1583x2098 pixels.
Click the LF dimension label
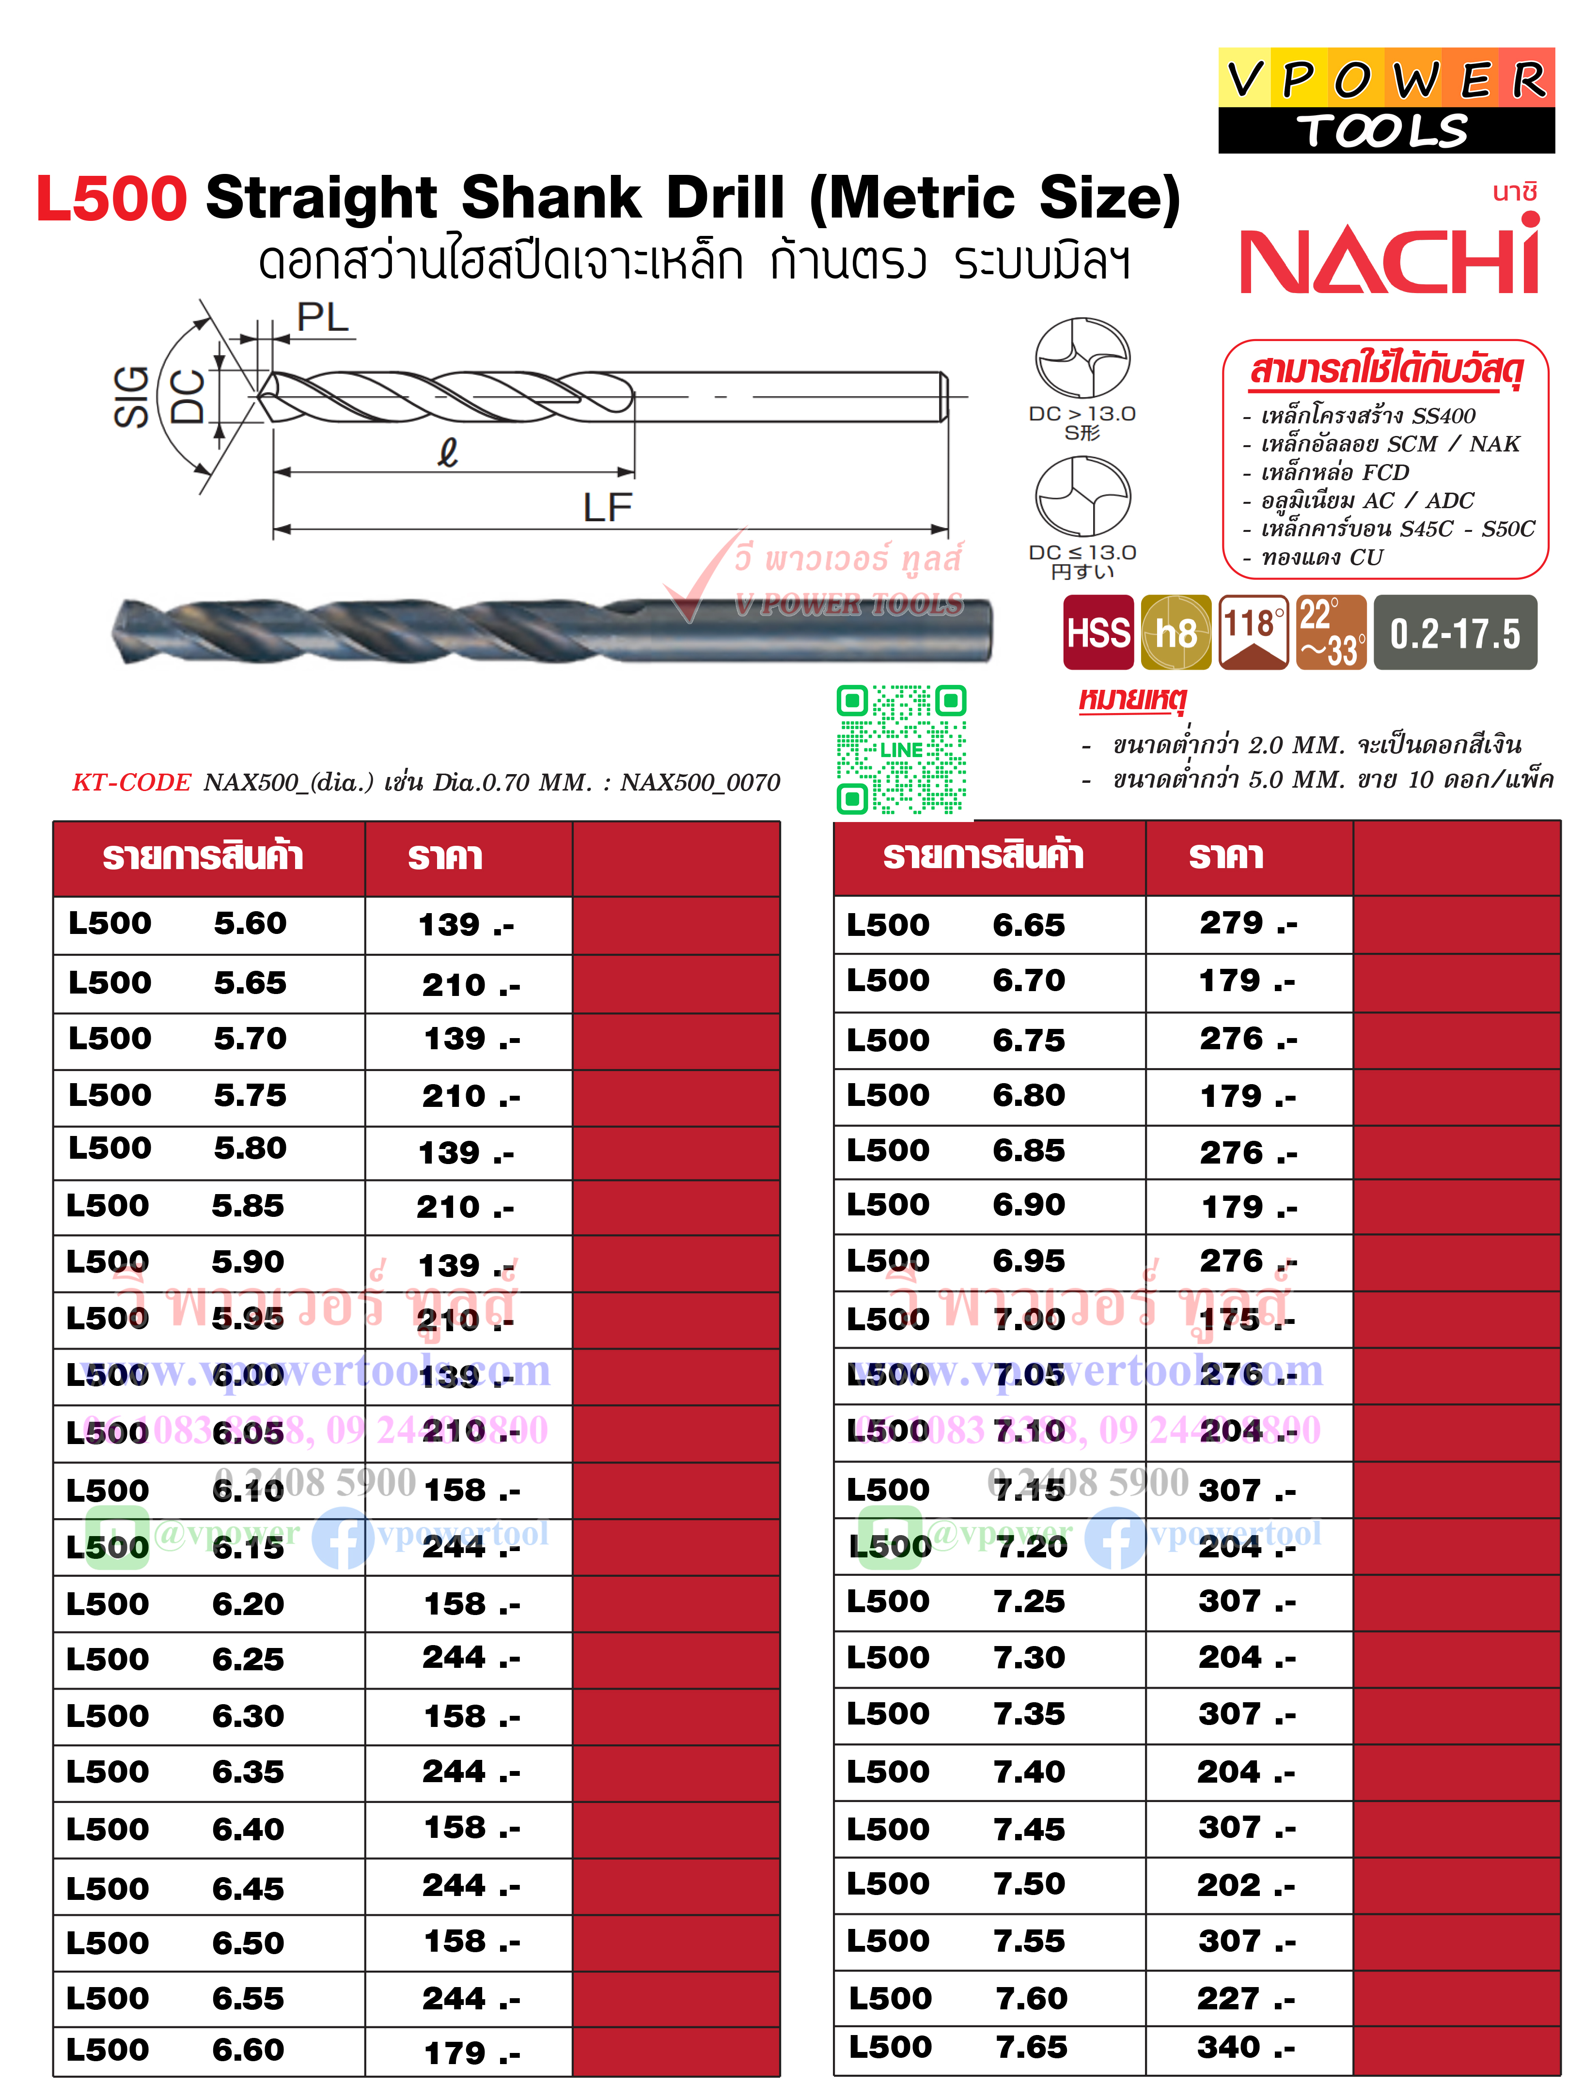click(x=607, y=508)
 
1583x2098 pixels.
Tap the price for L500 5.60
click(x=465, y=925)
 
